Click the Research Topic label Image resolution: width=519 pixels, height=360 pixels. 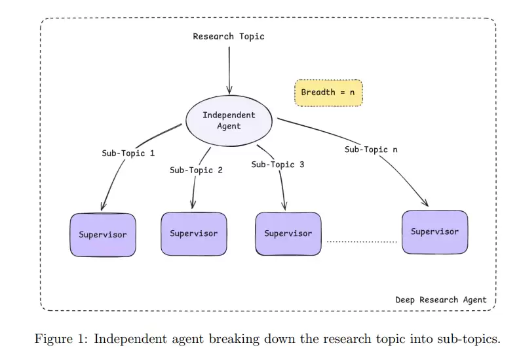[x=229, y=37]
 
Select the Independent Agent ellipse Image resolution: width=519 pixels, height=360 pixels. [x=229, y=121]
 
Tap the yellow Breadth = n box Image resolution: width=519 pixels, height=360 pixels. [x=328, y=92]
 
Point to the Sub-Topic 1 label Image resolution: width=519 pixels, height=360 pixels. [x=128, y=153]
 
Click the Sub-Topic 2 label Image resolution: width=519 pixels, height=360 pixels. [x=196, y=170]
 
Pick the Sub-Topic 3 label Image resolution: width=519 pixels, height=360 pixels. [x=277, y=165]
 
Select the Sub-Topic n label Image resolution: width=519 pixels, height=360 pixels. [x=371, y=150]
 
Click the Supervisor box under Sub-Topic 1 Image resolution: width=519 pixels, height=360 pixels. [x=103, y=235]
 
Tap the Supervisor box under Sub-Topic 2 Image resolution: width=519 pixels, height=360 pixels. [x=194, y=233]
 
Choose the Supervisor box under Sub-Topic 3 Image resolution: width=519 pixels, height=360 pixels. [x=288, y=233]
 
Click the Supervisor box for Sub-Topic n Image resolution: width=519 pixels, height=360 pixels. [x=434, y=232]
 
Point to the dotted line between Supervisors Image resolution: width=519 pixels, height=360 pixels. [x=362, y=243]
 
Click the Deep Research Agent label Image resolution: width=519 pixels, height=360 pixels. [x=440, y=300]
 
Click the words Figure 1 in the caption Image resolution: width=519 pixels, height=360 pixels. [x=57, y=339]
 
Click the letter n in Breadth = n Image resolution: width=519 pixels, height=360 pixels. [x=352, y=92]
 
